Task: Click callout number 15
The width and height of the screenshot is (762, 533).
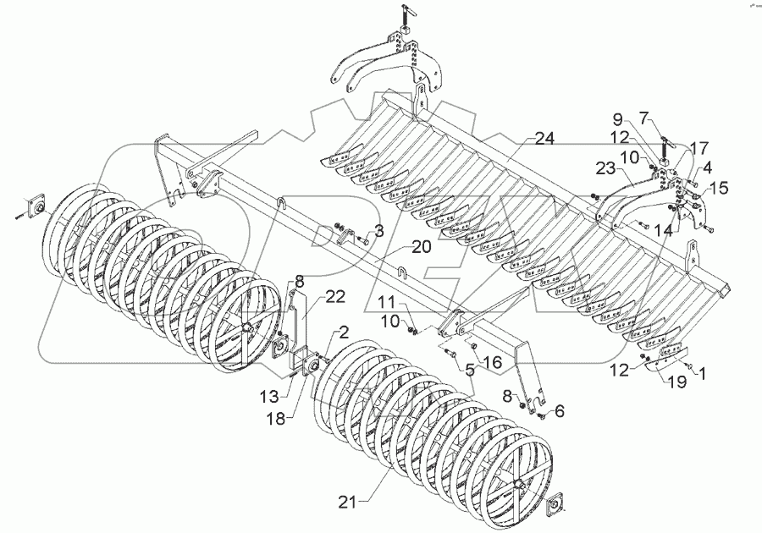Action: point(717,188)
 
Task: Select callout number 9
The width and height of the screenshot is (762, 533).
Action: point(641,118)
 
